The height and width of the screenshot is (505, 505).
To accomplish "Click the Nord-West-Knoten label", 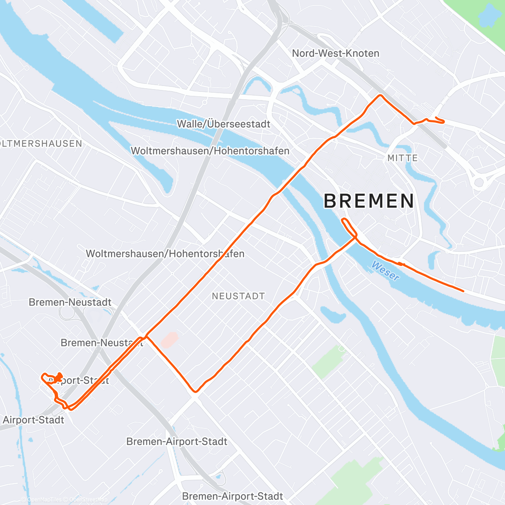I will pos(335,53).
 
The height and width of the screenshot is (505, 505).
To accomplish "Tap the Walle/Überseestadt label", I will pos(223,124).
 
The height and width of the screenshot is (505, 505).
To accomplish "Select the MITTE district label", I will pos(403,158).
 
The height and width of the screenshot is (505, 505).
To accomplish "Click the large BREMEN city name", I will pos(369,201).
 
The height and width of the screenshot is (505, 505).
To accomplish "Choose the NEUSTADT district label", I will pos(238,296).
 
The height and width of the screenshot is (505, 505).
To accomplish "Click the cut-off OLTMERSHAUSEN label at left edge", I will pos(41,144).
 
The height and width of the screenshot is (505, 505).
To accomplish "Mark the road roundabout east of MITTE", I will pos(479,182).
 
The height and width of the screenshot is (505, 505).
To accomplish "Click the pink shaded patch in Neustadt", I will pos(170,339).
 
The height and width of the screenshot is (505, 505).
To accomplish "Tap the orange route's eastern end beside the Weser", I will pos(463,291).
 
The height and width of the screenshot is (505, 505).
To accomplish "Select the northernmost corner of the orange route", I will pos(381,96).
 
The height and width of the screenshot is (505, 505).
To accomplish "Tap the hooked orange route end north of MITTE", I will pos(438,120).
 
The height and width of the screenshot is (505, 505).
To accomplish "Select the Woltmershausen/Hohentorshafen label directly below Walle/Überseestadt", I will pos(210,151).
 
